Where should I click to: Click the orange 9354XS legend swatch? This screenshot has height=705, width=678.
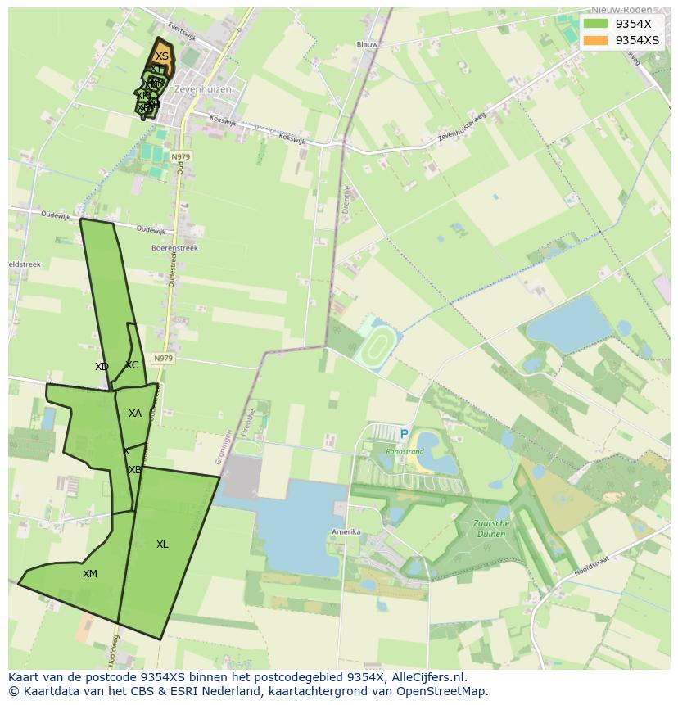pyautogui.click(x=596, y=40)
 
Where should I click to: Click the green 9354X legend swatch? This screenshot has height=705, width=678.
pyautogui.click(x=596, y=24)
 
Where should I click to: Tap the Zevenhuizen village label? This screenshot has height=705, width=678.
pyautogui.click(x=202, y=89)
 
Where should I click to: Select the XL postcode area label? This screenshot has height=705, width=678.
pyautogui.click(x=162, y=545)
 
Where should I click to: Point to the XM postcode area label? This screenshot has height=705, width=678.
pyautogui.click(x=90, y=574)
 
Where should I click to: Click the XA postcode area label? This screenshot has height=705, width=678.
pyautogui.click(x=135, y=414)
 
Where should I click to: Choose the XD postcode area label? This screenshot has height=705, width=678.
pyautogui.click(x=102, y=367)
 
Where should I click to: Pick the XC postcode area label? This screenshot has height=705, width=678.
pyautogui.click(x=132, y=365)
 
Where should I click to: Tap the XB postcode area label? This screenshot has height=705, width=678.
pyautogui.click(x=135, y=470)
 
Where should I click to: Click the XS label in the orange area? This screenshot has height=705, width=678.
pyautogui.click(x=162, y=56)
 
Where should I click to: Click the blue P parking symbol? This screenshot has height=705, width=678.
pyautogui.click(x=404, y=434)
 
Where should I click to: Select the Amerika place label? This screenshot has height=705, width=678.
pyautogui.click(x=346, y=532)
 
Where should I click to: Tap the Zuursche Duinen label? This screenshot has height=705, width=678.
pyautogui.click(x=491, y=528)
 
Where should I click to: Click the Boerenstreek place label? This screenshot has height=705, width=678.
pyautogui.click(x=174, y=247)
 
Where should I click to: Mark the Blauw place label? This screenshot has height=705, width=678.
pyautogui.click(x=367, y=45)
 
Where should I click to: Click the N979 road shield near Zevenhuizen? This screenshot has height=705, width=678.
pyautogui.click(x=180, y=156)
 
